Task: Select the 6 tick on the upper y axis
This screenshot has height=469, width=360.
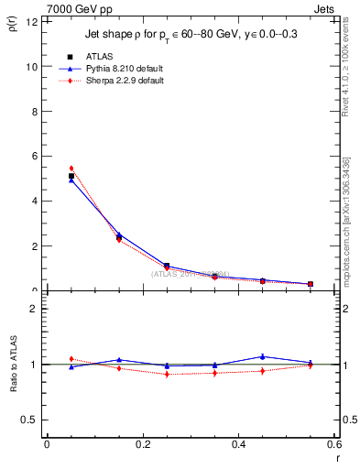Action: [x=34, y=157]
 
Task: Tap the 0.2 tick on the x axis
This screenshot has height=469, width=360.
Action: [x=143, y=445]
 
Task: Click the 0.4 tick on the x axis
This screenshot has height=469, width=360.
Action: [x=239, y=445]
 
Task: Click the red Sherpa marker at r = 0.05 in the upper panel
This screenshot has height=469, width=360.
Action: [x=71, y=169]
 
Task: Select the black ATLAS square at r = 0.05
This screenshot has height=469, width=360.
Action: [x=71, y=176]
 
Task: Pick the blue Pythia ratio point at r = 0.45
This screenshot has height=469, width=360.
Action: [x=263, y=356]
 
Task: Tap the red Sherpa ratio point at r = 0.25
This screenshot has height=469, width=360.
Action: [x=167, y=374]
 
